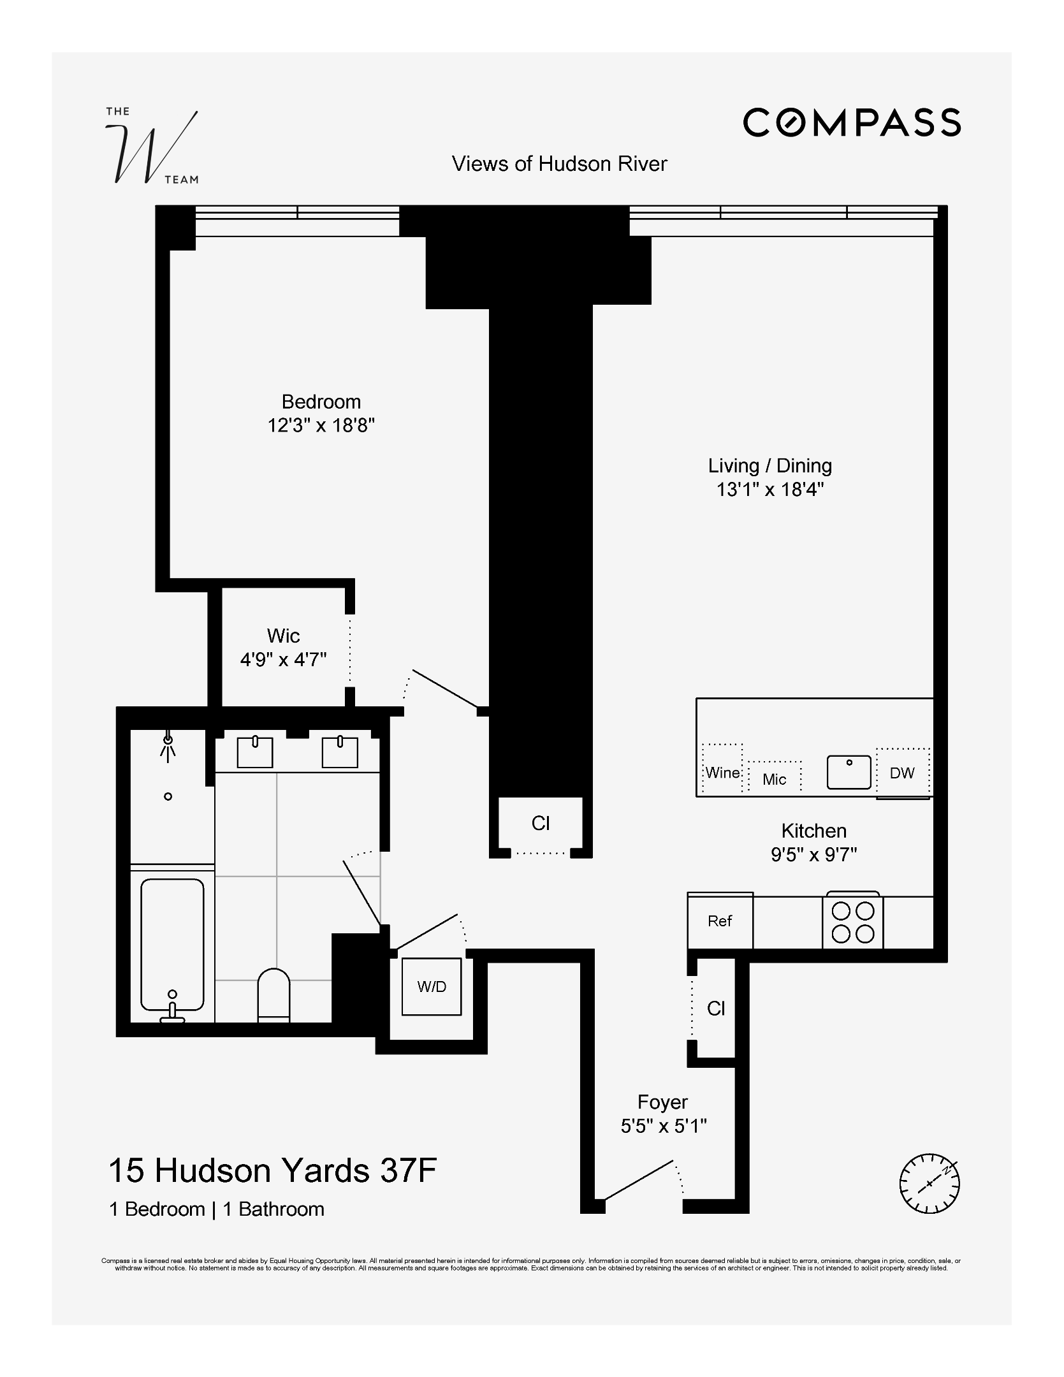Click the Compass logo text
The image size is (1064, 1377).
(852, 122)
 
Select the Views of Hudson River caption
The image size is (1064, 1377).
(559, 164)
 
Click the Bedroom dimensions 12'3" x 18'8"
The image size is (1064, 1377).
(321, 425)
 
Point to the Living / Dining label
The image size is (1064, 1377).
(769, 465)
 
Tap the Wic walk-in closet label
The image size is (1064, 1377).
(283, 636)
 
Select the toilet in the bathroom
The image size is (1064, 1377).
(273, 995)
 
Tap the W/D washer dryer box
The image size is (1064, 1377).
(432, 986)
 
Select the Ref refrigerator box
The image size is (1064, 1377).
(720, 921)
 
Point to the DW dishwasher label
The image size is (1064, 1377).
(901, 773)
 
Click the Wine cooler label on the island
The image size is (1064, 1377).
(722, 773)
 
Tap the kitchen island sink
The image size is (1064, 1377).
(849, 772)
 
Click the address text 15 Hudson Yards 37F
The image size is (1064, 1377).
(272, 1170)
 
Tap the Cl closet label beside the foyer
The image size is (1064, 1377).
(715, 1009)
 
